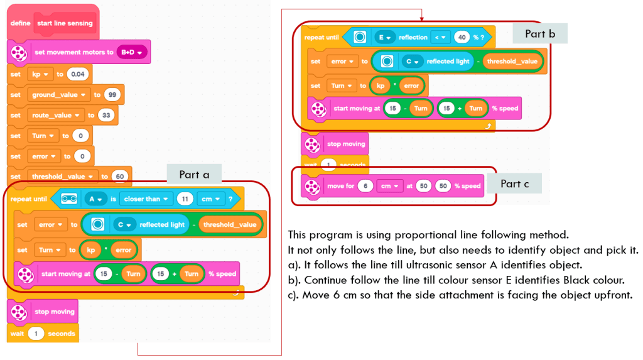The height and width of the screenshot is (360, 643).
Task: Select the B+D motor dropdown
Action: click(132, 52)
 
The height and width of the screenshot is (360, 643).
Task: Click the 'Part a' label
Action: click(194, 175)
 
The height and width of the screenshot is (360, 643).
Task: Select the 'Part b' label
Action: click(540, 33)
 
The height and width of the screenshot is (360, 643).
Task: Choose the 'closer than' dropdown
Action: click(147, 199)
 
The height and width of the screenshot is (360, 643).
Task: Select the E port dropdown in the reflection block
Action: click(383, 38)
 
